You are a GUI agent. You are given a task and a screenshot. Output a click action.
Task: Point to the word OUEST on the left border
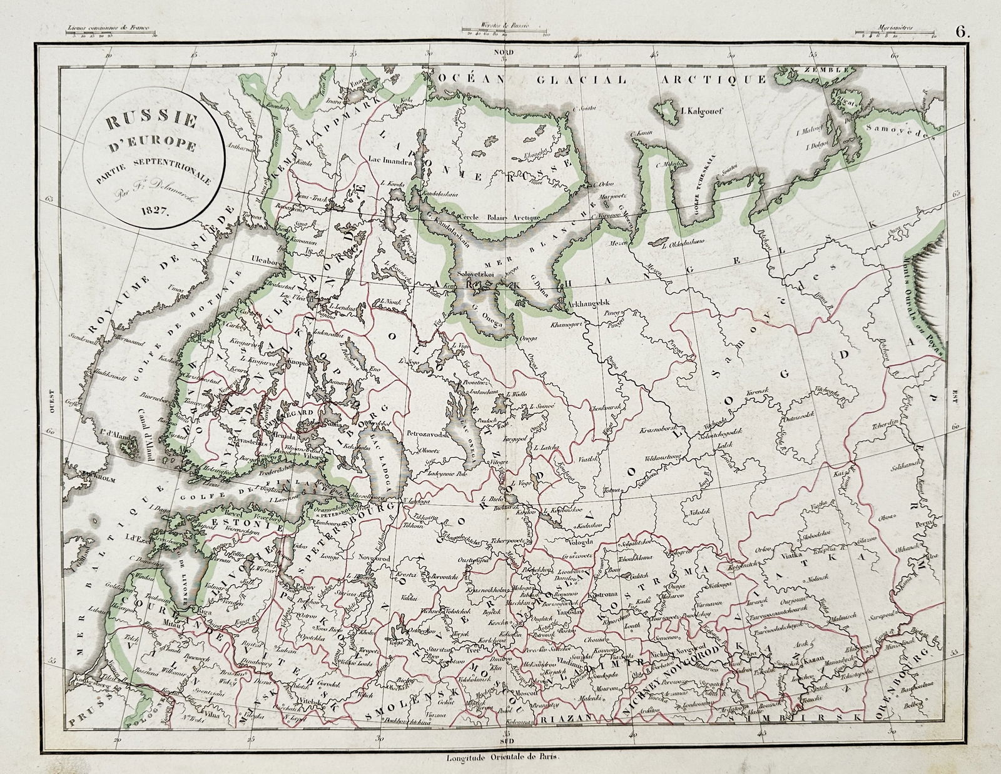tap(56, 398)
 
